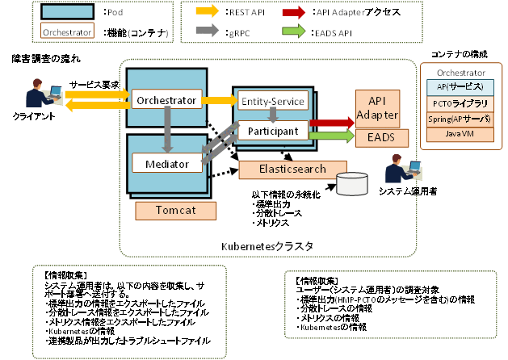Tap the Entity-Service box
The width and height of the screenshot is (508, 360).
point(272,101)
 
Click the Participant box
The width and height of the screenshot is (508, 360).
point(272,130)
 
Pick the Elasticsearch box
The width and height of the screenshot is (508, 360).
point(283,170)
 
